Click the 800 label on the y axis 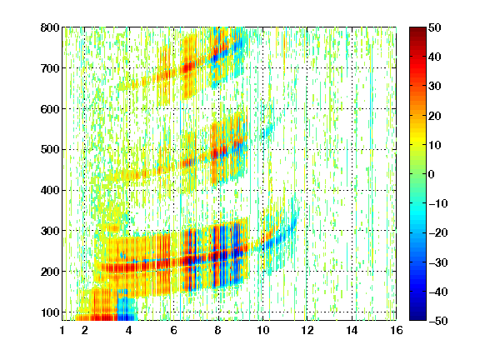pyautogui.click(x=50, y=27)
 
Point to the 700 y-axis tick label pyautogui.click(x=50, y=68)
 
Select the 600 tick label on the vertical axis pyautogui.click(x=50, y=109)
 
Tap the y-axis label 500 pyautogui.click(x=50, y=150)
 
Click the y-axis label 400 pyautogui.click(x=50, y=190)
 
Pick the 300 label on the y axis pyautogui.click(x=50, y=231)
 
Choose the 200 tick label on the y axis pyautogui.click(x=50, y=272)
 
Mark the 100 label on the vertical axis pyautogui.click(x=50, y=312)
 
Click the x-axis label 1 pyautogui.click(x=62, y=330)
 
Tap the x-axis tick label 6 pyautogui.click(x=174, y=330)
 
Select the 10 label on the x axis pyautogui.click(x=263, y=330)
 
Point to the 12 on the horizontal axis pyautogui.click(x=307, y=330)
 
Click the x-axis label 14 pyautogui.click(x=352, y=330)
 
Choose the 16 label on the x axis pyautogui.click(x=397, y=330)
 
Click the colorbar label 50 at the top pyautogui.click(x=434, y=27)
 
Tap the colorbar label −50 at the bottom pyautogui.click(x=438, y=321)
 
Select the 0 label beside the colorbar pyautogui.click(x=432, y=174)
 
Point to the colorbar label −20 pyautogui.click(x=438, y=233)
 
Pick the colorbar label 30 pyautogui.click(x=434, y=87)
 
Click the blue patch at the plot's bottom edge pyautogui.click(x=127, y=305)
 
